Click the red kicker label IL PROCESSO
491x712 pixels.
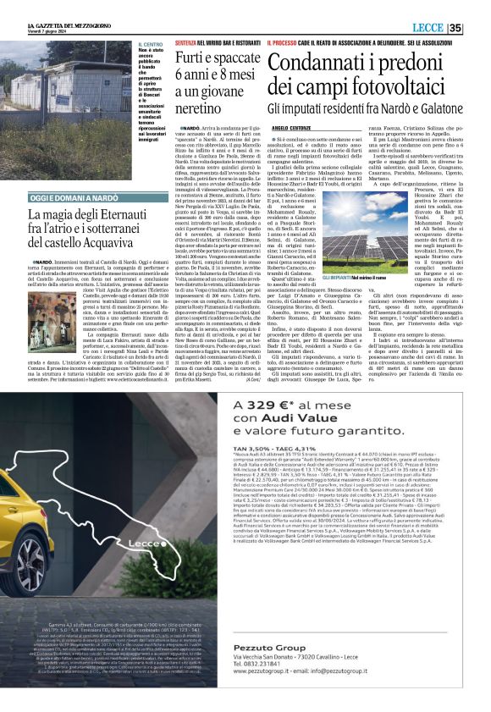pyautogui.click(x=280, y=41)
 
